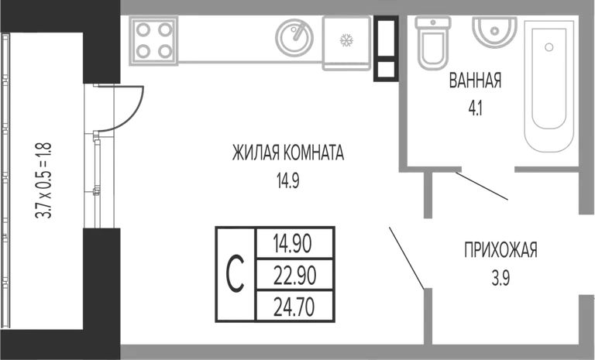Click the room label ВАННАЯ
(475, 81)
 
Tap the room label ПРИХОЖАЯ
(501, 250)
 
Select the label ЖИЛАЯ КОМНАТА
(288, 153)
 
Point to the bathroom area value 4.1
(475, 108)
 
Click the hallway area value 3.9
(501, 279)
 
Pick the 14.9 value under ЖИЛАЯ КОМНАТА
(288, 181)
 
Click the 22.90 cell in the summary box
(295, 276)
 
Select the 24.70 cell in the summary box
(294, 307)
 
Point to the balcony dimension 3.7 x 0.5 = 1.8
(43, 180)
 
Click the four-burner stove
(153, 40)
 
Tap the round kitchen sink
(294, 37)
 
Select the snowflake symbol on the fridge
(346, 40)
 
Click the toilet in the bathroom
(433, 43)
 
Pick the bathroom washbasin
(494, 32)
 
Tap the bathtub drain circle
(549, 47)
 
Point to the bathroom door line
(482, 186)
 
